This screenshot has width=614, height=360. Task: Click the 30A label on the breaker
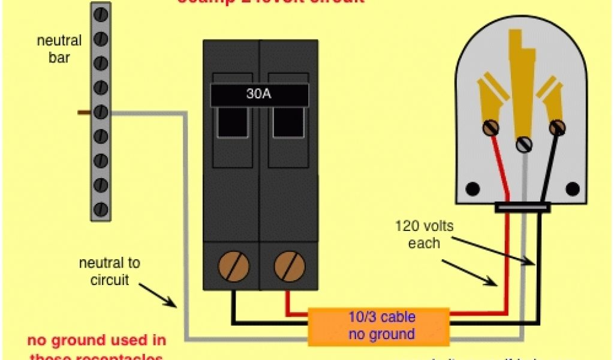[259, 95]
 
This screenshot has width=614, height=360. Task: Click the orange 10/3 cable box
[378, 326]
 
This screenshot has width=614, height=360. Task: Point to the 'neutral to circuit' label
[109, 271]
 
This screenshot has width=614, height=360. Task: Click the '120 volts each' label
[424, 235]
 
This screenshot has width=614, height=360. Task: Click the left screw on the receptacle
[491, 127]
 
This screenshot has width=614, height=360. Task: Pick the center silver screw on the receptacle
[525, 144]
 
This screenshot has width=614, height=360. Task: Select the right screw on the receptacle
[557, 127]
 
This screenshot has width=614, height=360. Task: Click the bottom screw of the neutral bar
[101, 209]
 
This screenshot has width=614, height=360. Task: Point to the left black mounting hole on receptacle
[473, 189]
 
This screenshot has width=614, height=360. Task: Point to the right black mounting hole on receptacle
[574, 189]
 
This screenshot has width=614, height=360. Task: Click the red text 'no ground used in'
[97, 341]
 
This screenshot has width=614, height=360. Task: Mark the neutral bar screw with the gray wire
[101, 112]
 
